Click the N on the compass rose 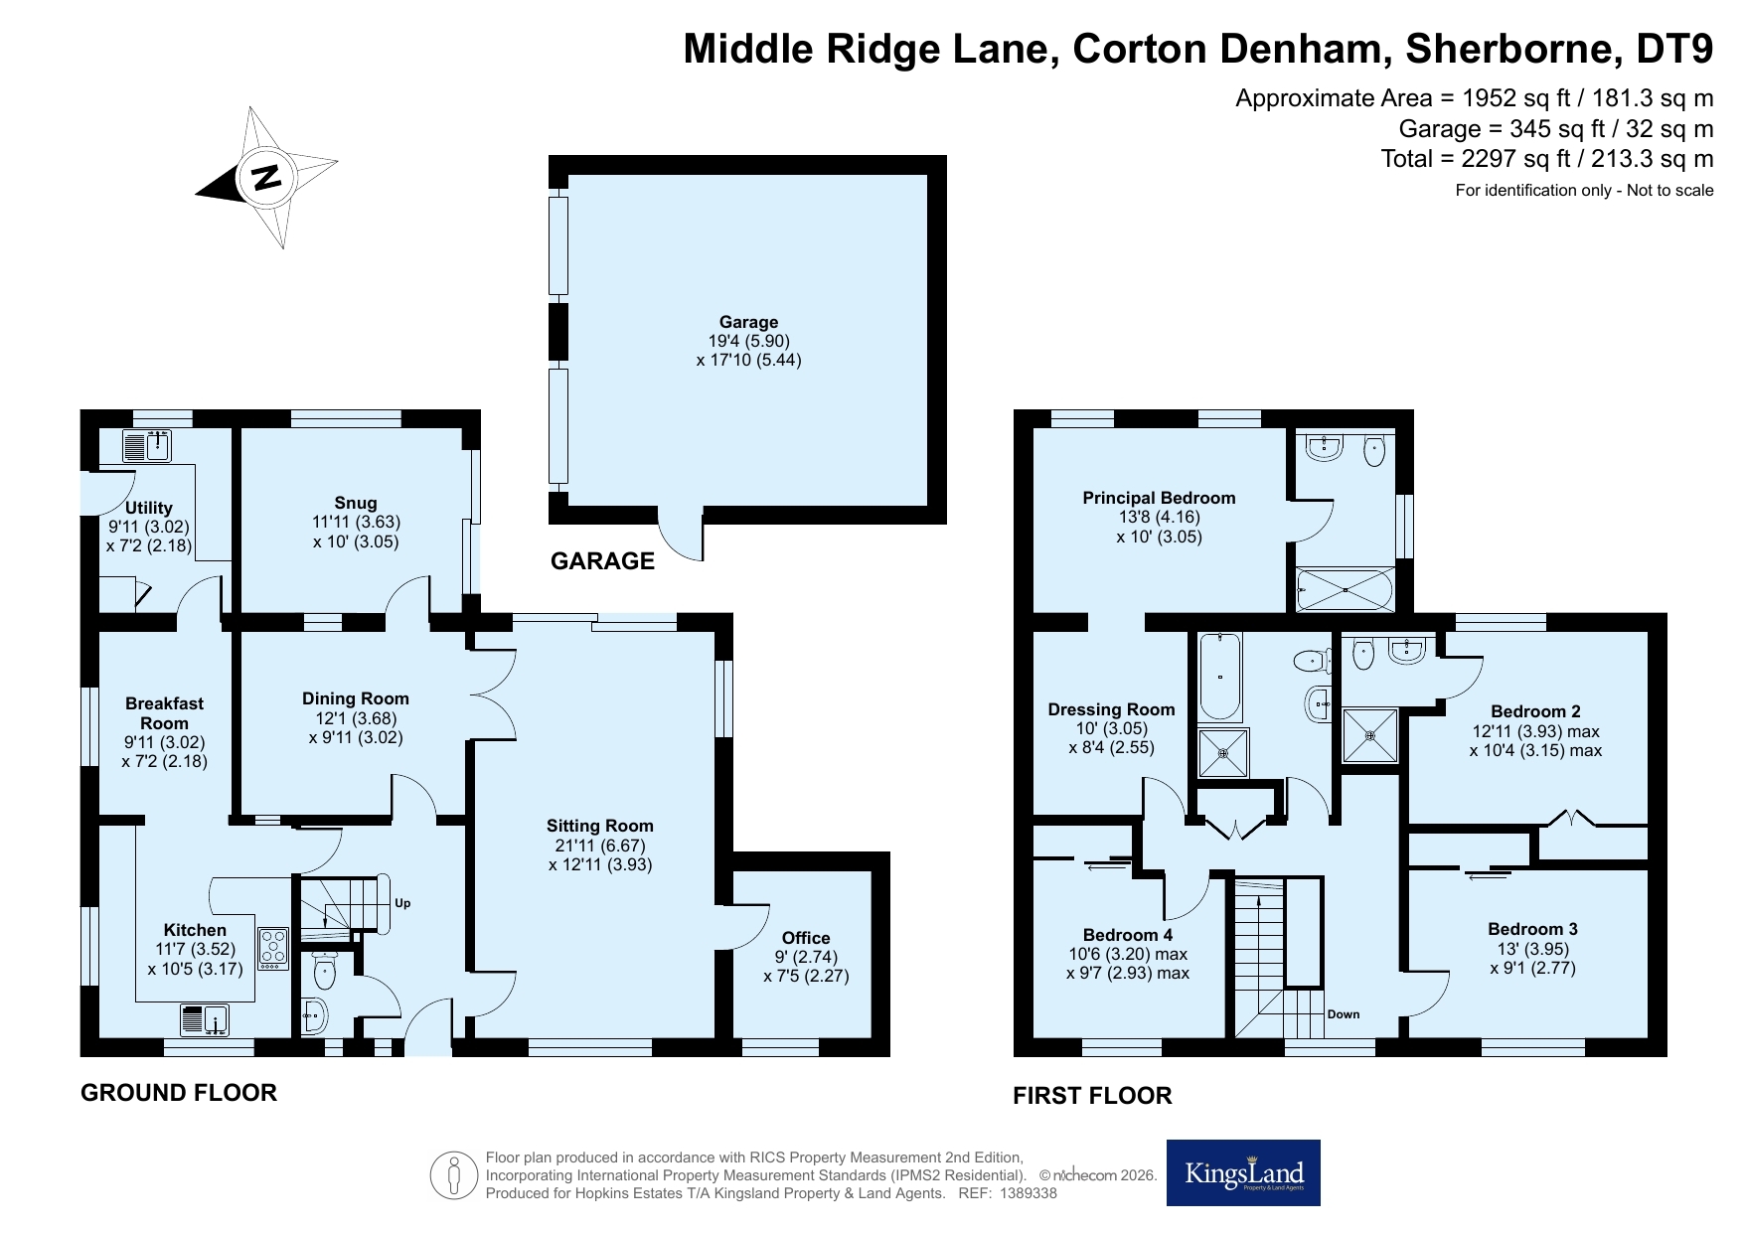coord(266,178)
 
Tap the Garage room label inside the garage coord(748,322)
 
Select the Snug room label coord(355,503)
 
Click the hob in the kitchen coord(273,949)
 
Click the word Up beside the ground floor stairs coord(402,903)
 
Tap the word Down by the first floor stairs coord(1344,1014)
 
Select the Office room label coord(806,938)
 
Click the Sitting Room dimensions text coord(600,854)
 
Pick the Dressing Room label coord(1111,709)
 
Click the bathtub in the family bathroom coord(1220,676)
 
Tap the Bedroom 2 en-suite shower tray coord(1370,735)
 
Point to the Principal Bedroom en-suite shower coord(1345,589)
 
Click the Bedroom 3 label coord(1532,929)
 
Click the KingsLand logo coord(1243,1172)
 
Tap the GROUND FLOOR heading coord(179,1093)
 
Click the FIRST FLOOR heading coord(1092,1096)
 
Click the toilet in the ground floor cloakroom coord(325,974)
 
